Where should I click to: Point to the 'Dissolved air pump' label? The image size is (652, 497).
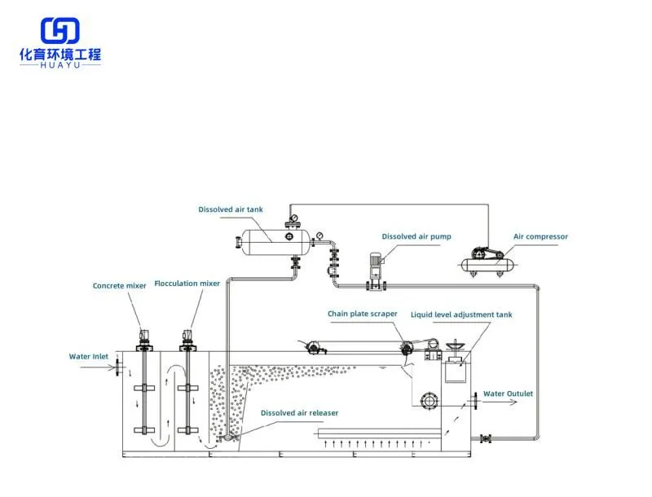(416, 237)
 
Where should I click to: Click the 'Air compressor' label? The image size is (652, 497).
(540, 237)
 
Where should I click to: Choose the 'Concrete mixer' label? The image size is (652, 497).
(120, 286)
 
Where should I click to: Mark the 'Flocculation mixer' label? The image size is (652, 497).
(187, 284)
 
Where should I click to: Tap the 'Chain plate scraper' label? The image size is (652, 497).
(363, 314)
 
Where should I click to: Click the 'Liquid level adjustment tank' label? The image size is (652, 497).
(461, 314)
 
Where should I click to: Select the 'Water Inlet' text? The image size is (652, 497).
(89, 356)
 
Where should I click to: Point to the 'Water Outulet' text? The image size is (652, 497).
(509, 394)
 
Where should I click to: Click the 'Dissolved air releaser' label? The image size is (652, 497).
(299, 413)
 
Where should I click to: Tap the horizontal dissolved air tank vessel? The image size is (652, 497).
(272, 237)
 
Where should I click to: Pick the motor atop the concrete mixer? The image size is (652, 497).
(144, 334)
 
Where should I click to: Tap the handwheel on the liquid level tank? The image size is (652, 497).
(455, 348)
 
